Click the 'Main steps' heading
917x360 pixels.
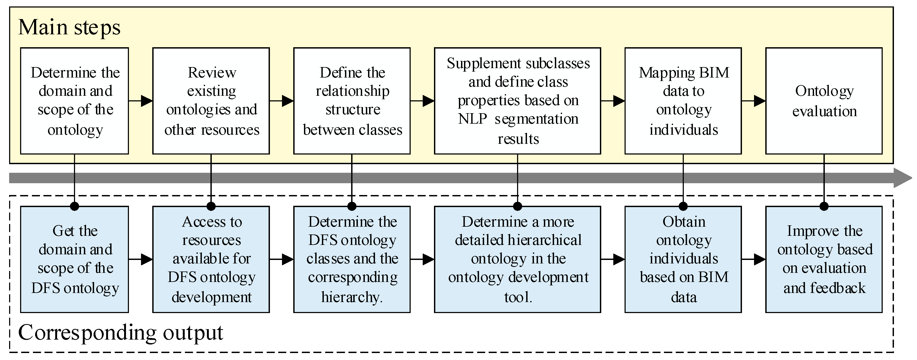[69, 27]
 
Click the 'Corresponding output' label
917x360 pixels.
[120, 333]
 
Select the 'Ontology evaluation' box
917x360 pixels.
[824, 101]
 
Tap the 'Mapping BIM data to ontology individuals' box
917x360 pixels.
[683, 101]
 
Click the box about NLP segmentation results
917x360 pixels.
[518, 101]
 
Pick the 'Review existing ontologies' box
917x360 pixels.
[211, 101]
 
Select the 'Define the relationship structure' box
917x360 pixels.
[352, 101]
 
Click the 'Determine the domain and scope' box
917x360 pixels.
[75, 101]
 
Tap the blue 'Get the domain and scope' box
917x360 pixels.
[75, 259]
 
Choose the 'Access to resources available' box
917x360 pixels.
[211, 259]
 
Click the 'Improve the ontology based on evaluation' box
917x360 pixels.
[824, 259]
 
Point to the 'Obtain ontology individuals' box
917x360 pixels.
[683, 259]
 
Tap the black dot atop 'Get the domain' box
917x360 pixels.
[75, 206]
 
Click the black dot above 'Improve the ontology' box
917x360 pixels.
[824, 206]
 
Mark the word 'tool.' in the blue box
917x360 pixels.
[518, 297]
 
